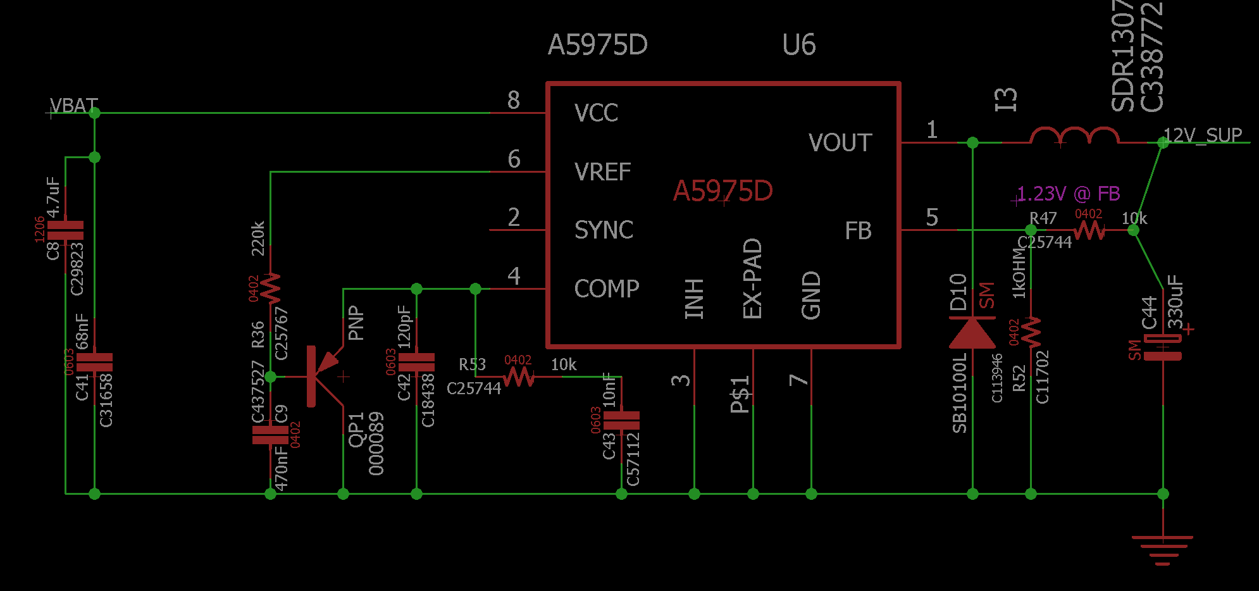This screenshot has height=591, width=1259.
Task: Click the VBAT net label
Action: pyautogui.click(x=74, y=106)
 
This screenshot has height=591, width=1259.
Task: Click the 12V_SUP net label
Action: pyautogui.click(x=1203, y=135)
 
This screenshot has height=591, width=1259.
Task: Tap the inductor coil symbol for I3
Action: pyautogui.click(x=1074, y=136)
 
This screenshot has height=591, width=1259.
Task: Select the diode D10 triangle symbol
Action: pyautogui.click(x=972, y=333)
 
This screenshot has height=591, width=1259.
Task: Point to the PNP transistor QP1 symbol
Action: pyautogui.click(x=323, y=376)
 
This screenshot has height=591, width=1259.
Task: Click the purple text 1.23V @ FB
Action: pyautogui.click(x=1068, y=194)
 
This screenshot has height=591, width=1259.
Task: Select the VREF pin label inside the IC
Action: pyautogui.click(x=602, y=172)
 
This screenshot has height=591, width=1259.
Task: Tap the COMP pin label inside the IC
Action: pyautogui.click(x=606, y=289)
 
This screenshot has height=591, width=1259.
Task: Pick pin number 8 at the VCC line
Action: pyautogui.click(x=513, y=101)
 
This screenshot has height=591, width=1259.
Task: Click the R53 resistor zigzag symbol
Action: pyautogui.click(x=519, y=377)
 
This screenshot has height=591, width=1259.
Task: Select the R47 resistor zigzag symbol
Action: pyautogui.click(x=1089, y=230)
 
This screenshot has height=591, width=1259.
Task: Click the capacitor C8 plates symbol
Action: pyautogui.click(x=66, y=230)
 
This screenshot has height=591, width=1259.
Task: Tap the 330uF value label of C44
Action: pyautogui.click(x=1175, y=301)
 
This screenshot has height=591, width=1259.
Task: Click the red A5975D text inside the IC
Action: pyautogui.click(x=723, y=191)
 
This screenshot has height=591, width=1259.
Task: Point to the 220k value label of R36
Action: pyautogui.click(x=258, y=239)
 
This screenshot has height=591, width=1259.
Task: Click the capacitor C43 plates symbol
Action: pyautogui.click(x=621, y=421)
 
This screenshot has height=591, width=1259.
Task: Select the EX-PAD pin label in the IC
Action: pyautogui.click(x=752, y=278)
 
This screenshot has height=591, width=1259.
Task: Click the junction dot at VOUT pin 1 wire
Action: pyautogui.click(x=972, y=143)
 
